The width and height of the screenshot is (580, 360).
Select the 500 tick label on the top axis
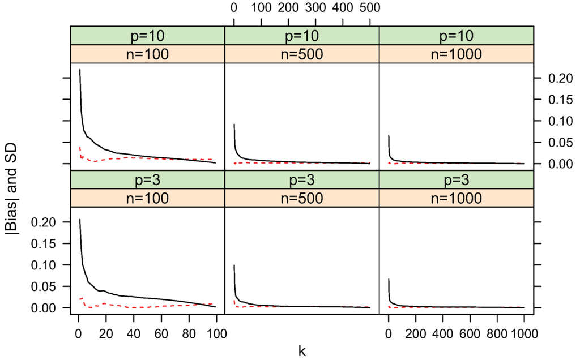pyautogui.click(x=369, y=8)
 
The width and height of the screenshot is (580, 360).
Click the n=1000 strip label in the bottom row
pyautogui.click(x=456, y=198)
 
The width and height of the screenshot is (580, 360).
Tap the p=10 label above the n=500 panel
pyautogui.click(x=302, y=35)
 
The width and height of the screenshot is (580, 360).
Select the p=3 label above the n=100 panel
pyautogui.click(x=147, y=179)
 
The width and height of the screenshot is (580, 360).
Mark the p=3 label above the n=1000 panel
pyautogui.click(x=456, y=179)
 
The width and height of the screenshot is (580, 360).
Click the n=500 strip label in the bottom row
pyautogui.click(x=302, y=198)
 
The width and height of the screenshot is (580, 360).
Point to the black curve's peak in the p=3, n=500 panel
pyautogui.click(x=234, y=265)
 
